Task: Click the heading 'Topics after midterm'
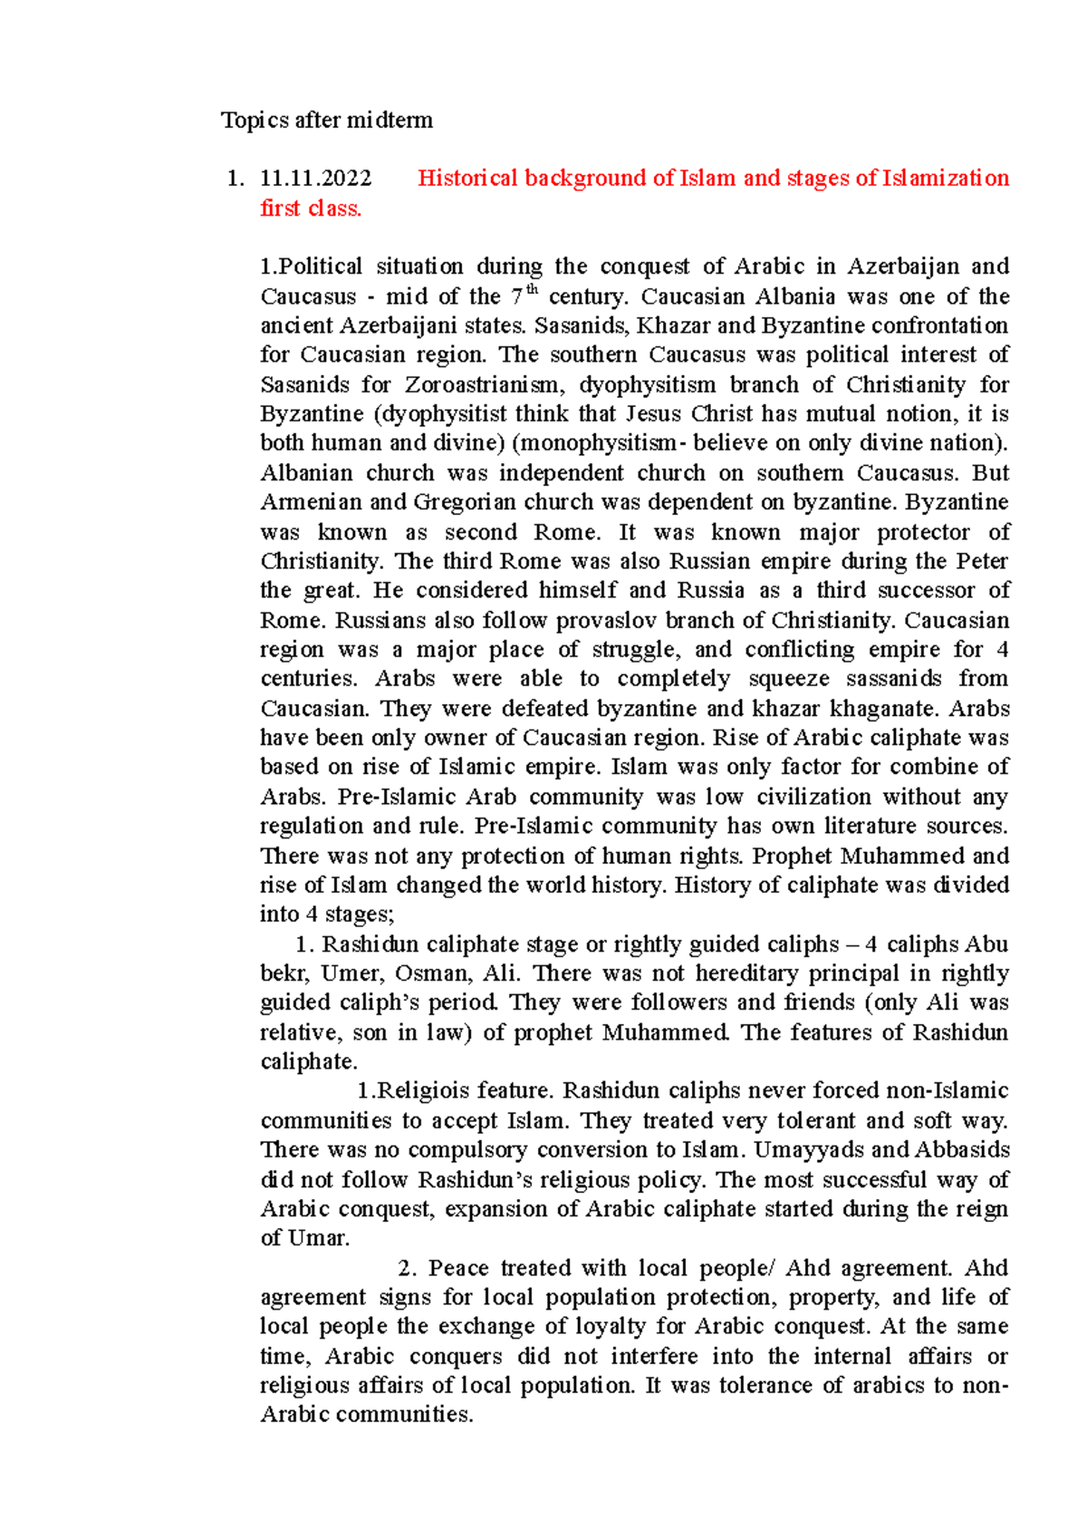327,121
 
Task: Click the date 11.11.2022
315,179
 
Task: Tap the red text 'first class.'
311,208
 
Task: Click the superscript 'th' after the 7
533,290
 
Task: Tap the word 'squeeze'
788,679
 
